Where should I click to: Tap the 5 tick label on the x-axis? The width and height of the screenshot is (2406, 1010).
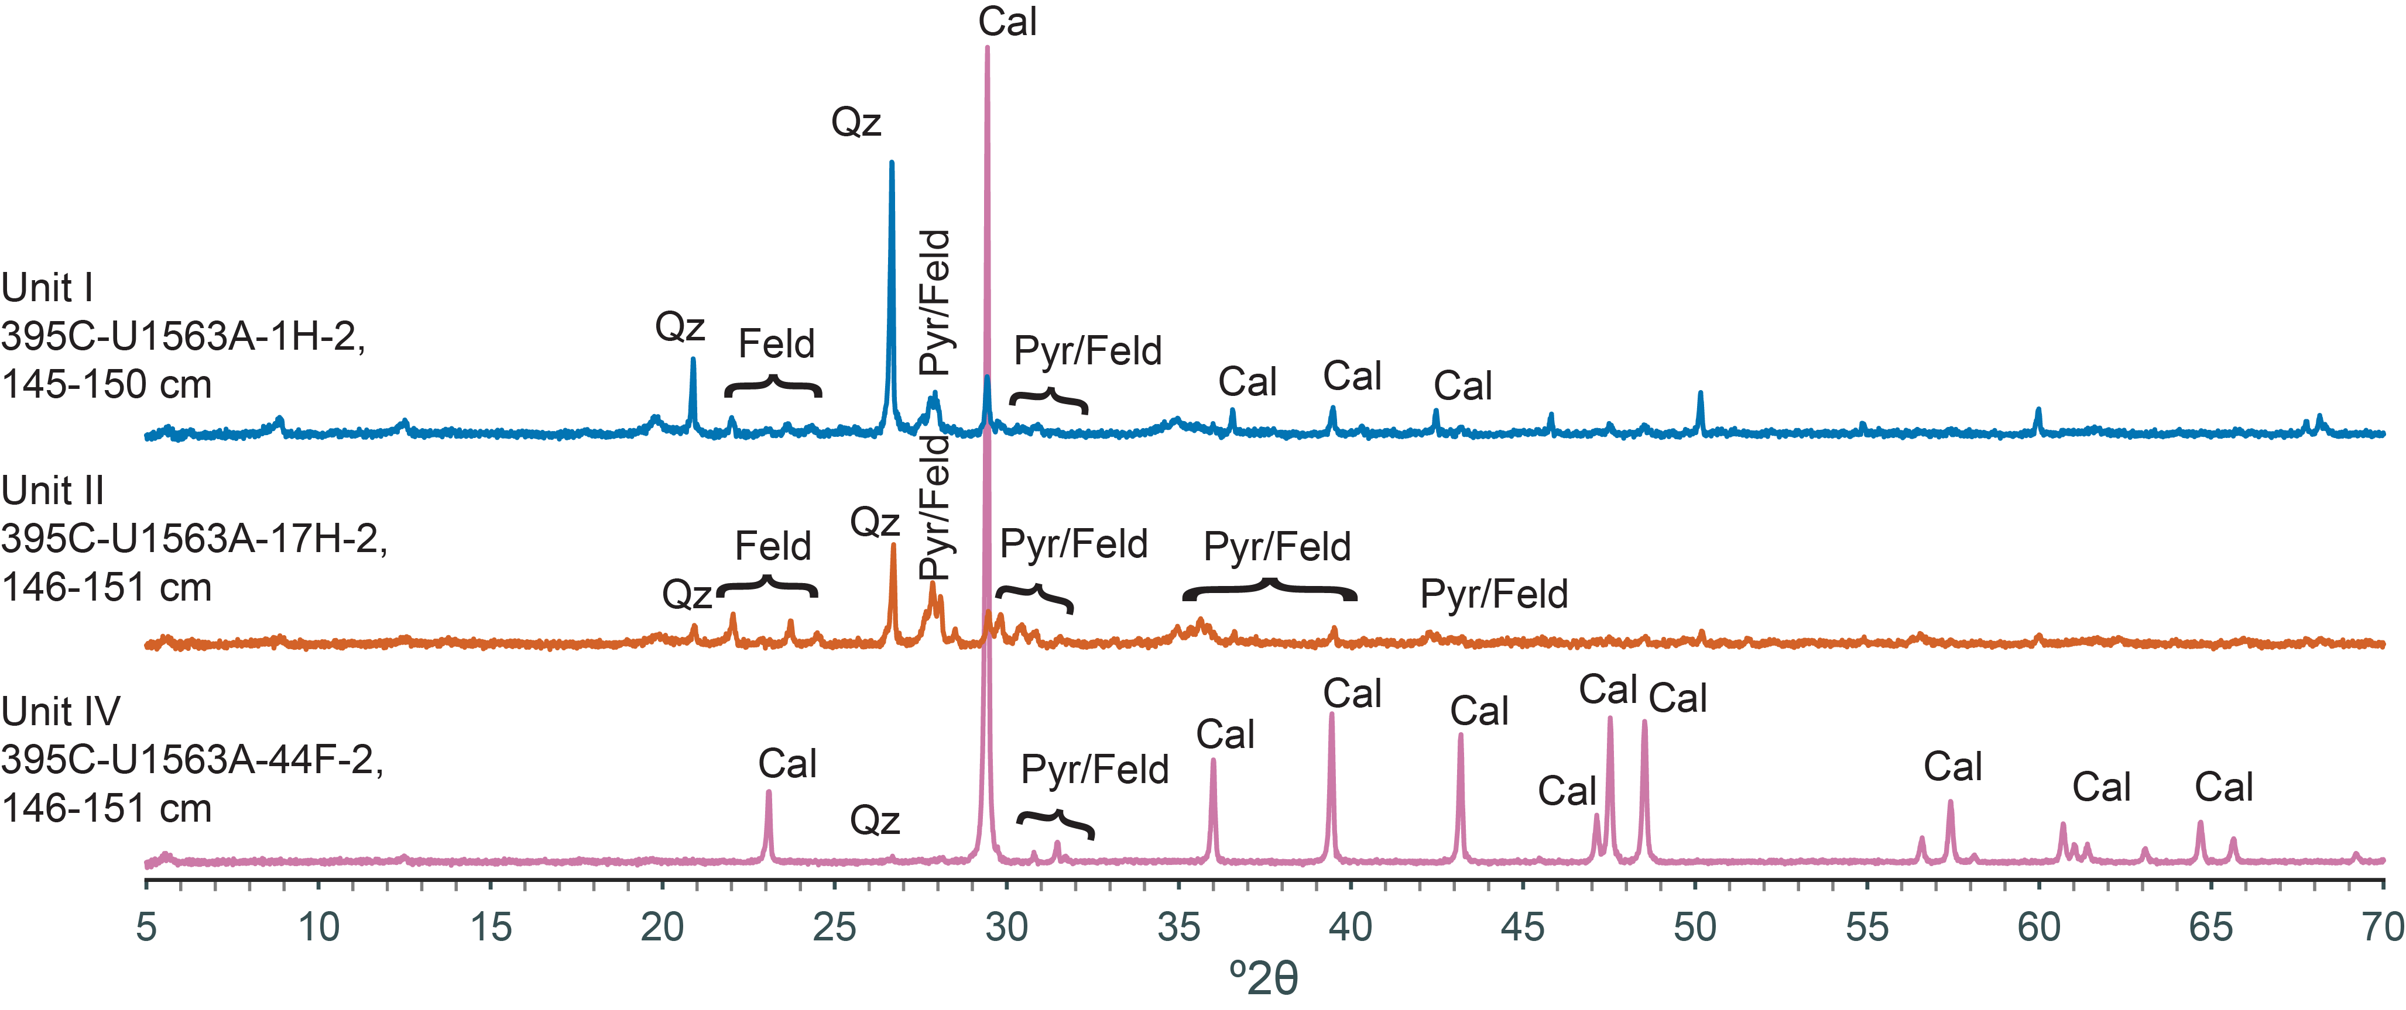(146, 928)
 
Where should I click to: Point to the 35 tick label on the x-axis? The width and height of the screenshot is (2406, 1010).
(1179, 928)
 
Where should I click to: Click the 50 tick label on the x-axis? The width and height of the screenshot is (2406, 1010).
(1694, 928)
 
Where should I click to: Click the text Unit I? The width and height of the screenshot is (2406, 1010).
(47, 288)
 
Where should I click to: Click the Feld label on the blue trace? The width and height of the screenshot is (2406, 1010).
(776, 343)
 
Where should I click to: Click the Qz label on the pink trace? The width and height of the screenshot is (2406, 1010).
(874, 821)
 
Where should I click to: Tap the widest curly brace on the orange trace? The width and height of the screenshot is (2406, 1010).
(1269, 590)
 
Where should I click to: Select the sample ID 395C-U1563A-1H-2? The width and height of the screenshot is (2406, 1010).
(183, 336)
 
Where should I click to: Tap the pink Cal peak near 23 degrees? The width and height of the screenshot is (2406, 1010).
(769, 794)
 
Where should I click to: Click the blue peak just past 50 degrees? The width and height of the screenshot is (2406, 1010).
(1701, 395)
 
